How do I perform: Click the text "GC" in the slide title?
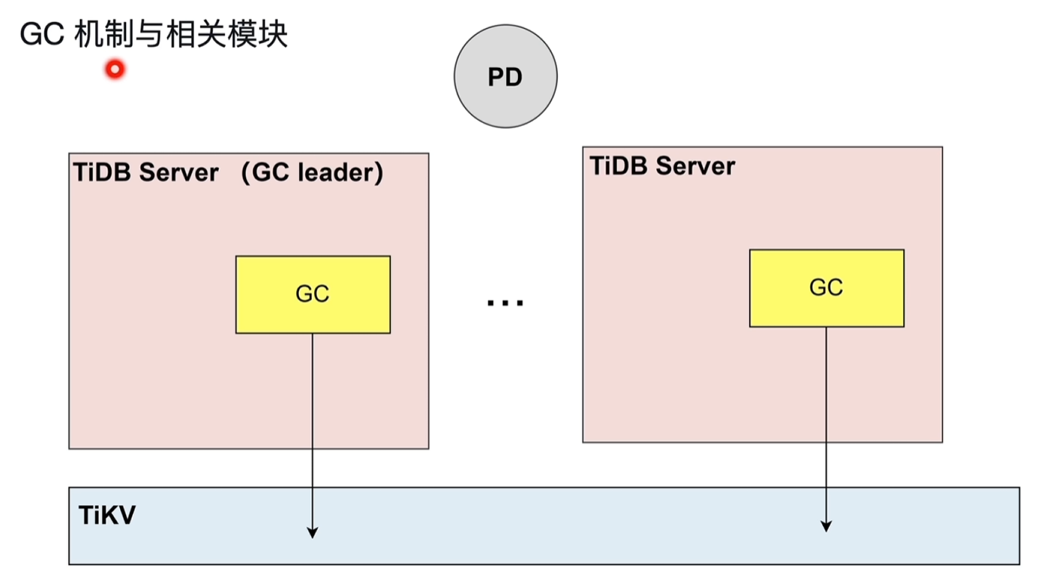pyautogui.click(x=42, y=35)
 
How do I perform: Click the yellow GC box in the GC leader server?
pyautogui.click(x=313, y=294)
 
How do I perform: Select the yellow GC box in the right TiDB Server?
pyautogui.click(x=826, y=288)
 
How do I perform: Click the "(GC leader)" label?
pyautogui.click(x=313, y=173)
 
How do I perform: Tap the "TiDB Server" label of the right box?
pyautogui.click(x=662, y=166)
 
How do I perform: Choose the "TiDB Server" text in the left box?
pyautogui.click(x=146, y=173)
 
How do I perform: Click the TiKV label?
pyautogui.click(x=106, y=516)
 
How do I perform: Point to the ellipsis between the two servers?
pyautogui.click(x=505, y=303)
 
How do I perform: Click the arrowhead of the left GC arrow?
pyautogui.click(x=313, y=533)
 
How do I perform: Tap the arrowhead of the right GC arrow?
pyautogui.click(x=826, y=526)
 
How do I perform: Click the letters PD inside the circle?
pyautogui.click(x=505, y=78)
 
